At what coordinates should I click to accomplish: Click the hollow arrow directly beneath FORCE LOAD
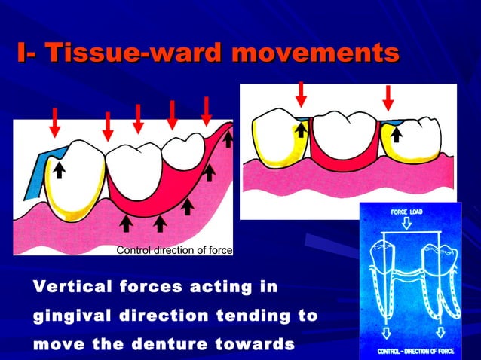(405, 224)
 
